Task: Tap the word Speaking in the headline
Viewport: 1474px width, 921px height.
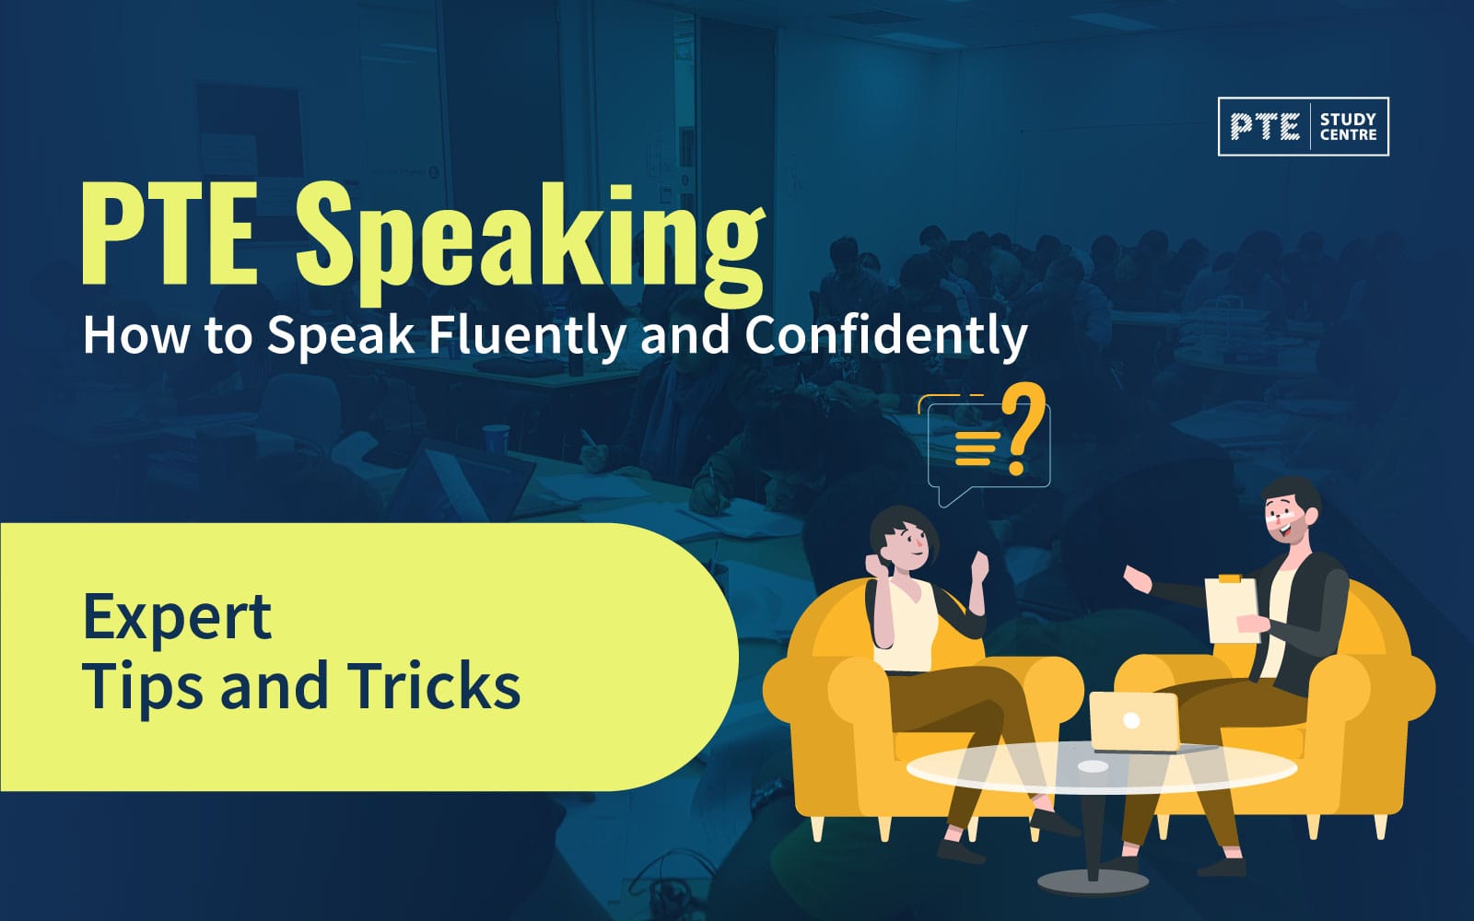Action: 529,241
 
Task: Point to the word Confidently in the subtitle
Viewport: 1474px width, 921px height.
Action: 885,335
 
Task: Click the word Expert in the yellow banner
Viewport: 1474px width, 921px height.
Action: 177,618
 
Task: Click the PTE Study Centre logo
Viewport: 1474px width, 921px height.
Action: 1303,126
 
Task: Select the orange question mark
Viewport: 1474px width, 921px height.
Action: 1023,429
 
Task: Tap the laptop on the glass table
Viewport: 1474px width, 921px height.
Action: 1134,721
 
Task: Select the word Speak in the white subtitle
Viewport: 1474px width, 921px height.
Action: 341,335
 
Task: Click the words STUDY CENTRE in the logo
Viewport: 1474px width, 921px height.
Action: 1348,127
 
